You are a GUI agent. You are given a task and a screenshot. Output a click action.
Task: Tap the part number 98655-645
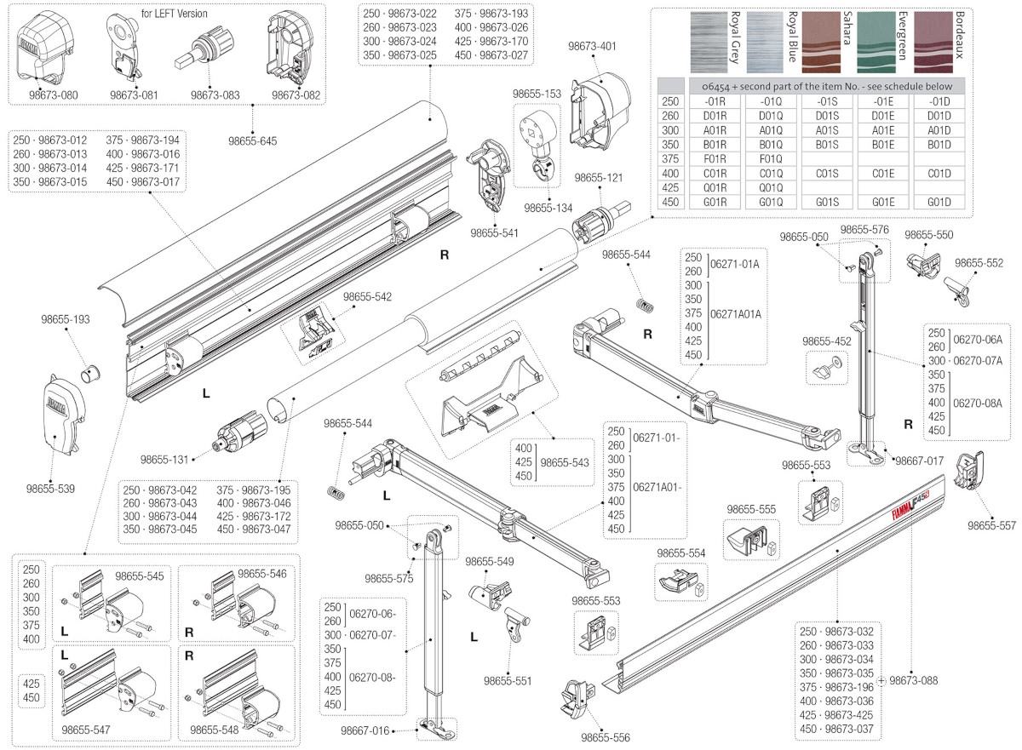coord(253,140)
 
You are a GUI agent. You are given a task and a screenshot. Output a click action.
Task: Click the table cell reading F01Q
coord(769,157)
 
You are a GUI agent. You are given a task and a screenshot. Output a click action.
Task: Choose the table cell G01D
coord(939,202)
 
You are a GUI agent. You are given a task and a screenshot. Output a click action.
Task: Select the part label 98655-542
coord(367,297)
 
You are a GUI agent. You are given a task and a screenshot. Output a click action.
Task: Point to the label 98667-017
coord(919,461)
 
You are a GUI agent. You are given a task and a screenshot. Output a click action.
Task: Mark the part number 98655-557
coord(991,525)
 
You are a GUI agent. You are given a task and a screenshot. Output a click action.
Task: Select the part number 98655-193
coord(66,319)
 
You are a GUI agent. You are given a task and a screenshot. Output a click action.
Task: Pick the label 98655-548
coord(216,730)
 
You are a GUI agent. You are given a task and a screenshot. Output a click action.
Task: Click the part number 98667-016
coord(365,730)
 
